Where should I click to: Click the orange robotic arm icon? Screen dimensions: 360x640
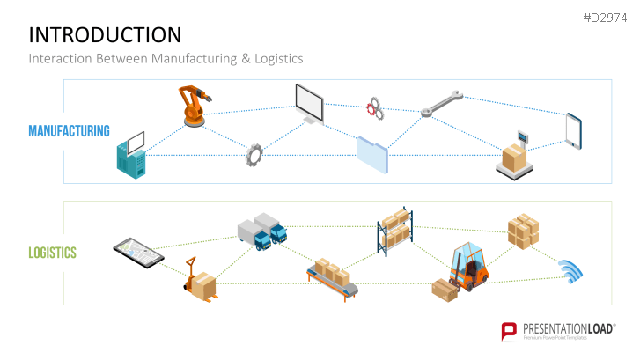coord(191,107)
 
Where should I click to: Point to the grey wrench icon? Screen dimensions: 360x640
coord(440,104)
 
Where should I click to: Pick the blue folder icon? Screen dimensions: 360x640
coord(371,154)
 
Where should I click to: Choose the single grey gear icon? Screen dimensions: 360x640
coord(254,155)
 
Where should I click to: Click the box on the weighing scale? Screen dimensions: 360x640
coord(514,156)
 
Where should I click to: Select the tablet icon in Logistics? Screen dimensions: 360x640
coord(138,252)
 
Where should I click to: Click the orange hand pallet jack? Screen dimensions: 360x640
coord(200,280)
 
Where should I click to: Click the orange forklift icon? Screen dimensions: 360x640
coord(467,266)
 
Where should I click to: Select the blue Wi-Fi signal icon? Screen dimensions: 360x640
coord(571,272)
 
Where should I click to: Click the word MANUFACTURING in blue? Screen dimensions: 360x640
coord(69,131)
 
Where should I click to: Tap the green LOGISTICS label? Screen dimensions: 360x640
coord(52,253)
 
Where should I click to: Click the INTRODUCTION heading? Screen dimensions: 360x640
coord(105,34)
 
